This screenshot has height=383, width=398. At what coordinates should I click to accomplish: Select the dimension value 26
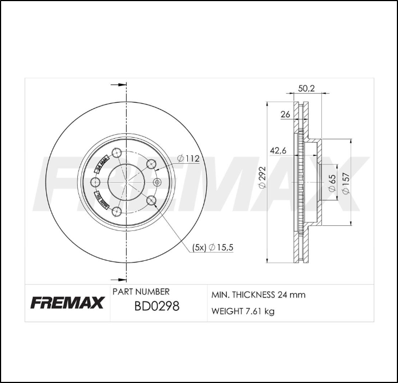(285, 115)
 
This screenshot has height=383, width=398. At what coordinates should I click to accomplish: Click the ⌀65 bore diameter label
(331, 183)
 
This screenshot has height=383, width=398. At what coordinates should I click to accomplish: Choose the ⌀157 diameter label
(346, 183)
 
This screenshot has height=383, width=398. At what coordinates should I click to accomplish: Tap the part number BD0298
(157, 306)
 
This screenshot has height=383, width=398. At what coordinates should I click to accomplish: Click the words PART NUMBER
(141, 291)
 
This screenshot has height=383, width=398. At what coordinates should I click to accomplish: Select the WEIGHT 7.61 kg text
(243, 311)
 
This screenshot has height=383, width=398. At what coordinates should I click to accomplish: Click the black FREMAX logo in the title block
(67, 303)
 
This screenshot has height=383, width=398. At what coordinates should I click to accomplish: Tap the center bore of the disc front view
(126, 183)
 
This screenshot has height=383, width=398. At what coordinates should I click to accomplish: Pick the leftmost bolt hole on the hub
(95, 183)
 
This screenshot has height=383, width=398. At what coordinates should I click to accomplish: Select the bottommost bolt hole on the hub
(117, 211)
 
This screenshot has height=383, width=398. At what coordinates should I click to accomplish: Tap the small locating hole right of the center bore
(156, 183)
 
